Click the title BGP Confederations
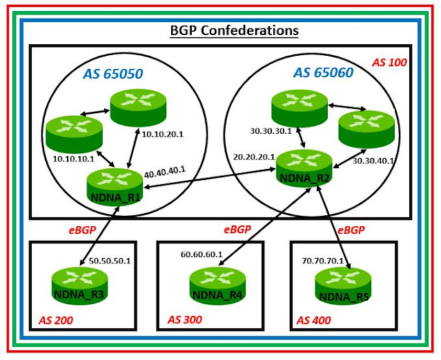234,31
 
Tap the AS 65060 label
323,71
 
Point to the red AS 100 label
390,63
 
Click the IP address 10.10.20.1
161,134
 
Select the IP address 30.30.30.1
269,128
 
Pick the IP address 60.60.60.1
201,255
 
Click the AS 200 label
55,320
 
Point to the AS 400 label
315,320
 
